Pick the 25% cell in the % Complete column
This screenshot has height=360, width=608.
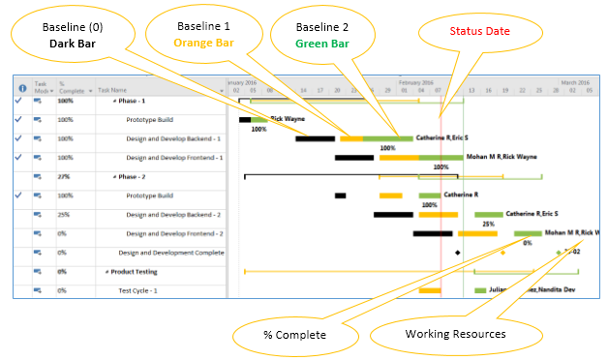pos(64,214)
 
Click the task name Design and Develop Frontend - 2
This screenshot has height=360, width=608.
pos(174,233)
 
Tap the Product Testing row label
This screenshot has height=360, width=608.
pos(133,271)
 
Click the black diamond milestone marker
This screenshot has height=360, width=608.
pos(458,252)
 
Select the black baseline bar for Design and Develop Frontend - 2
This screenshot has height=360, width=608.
pos(433,233)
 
